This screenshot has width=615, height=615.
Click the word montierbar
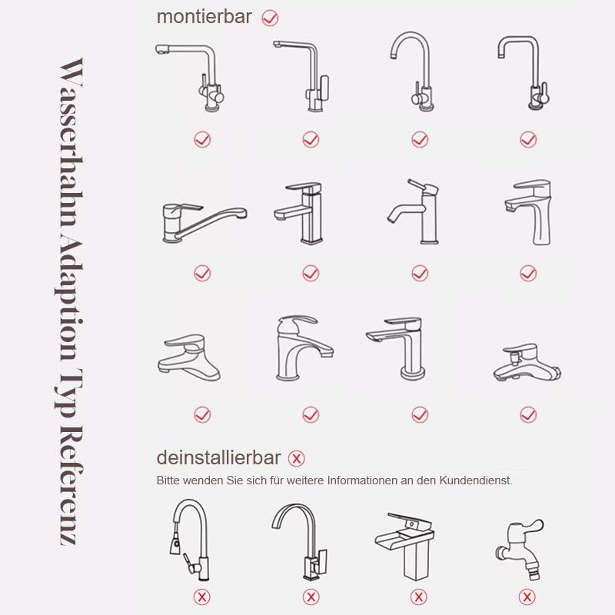(204, 17)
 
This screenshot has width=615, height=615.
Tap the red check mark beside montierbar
(270, 17)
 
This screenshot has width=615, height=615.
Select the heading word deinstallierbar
(218, 458)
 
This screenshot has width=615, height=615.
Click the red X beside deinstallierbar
(296, 459)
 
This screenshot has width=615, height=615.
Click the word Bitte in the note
(168, 480)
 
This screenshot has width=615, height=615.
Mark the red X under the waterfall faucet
(419, 597)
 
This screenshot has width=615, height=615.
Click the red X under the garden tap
(527, 597)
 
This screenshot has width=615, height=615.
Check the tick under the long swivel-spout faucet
(202, 273)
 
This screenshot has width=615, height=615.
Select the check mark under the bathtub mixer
(528, 414)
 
